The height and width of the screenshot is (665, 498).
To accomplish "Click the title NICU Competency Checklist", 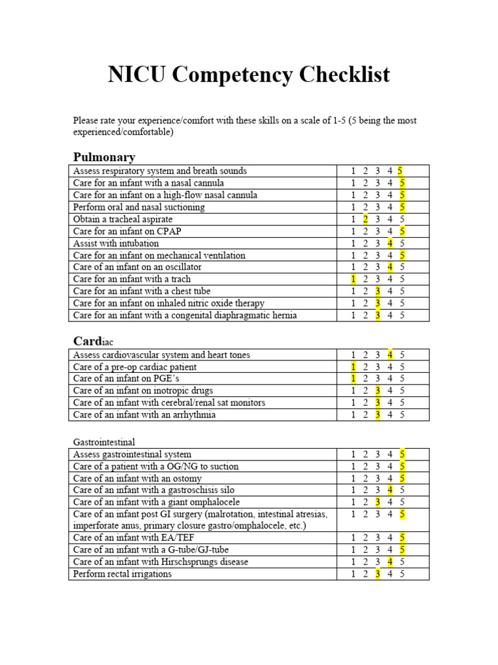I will coord(249,75).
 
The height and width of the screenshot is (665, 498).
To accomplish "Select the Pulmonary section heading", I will coord(104,157).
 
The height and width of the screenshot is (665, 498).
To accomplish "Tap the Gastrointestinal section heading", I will coord(104,442).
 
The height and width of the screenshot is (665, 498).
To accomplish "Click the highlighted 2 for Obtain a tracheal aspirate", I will coord(366,219).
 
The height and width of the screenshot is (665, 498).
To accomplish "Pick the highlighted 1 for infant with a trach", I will coord(353,279).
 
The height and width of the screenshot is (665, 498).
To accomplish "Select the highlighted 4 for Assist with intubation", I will coord(390,243).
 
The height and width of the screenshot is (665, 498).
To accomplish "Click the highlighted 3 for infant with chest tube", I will coord(377,291).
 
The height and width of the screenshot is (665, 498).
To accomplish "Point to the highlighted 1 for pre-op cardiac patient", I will coord(353,367).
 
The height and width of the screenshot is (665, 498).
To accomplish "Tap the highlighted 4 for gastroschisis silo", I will coord(390,490).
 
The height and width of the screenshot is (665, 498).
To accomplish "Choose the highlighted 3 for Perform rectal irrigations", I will coord(377,574).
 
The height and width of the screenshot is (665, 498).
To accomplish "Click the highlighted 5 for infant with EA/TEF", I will coord(402,538).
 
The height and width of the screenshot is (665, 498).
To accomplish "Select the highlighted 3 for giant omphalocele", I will coord(377,501).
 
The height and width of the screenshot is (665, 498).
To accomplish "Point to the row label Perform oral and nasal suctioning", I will coord(139,207).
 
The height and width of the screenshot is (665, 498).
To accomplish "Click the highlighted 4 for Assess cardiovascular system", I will coord(390,355).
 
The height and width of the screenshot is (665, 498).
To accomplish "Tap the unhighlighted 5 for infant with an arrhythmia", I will coord(402,414).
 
